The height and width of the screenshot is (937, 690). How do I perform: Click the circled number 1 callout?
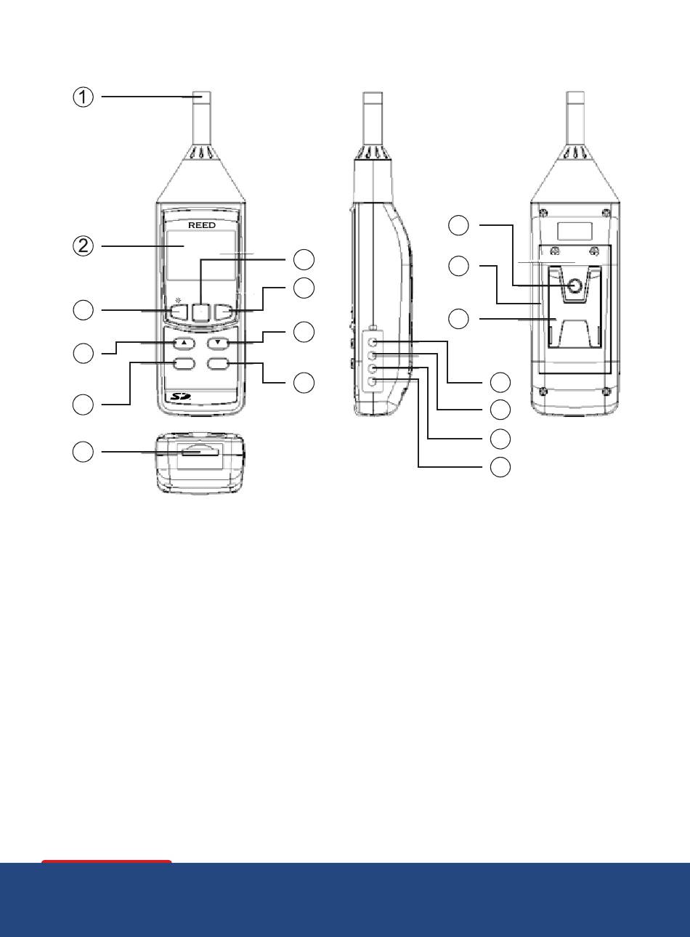point(84,97)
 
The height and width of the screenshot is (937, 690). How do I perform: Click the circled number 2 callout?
point(84,246)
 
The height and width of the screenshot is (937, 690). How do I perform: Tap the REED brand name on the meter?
point(202,225)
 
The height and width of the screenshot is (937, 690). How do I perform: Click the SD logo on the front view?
point(180,396)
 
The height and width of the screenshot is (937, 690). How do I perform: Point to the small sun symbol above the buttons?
point(179,300)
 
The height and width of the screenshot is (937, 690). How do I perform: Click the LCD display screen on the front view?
point(200,255)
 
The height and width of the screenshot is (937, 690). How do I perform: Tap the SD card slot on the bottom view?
point(200,452)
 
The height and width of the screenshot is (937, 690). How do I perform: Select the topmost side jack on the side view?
point(373,342)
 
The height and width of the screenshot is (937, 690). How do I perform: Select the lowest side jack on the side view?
point(373,381)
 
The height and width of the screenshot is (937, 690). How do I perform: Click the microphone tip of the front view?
point(202,97)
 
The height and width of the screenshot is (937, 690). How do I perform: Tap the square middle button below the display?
point(200,312)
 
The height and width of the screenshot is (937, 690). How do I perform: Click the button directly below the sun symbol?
point(179,312)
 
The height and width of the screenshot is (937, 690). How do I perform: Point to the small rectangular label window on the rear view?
point(575,231)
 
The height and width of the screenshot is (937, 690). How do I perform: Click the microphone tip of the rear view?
point(575,97)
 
